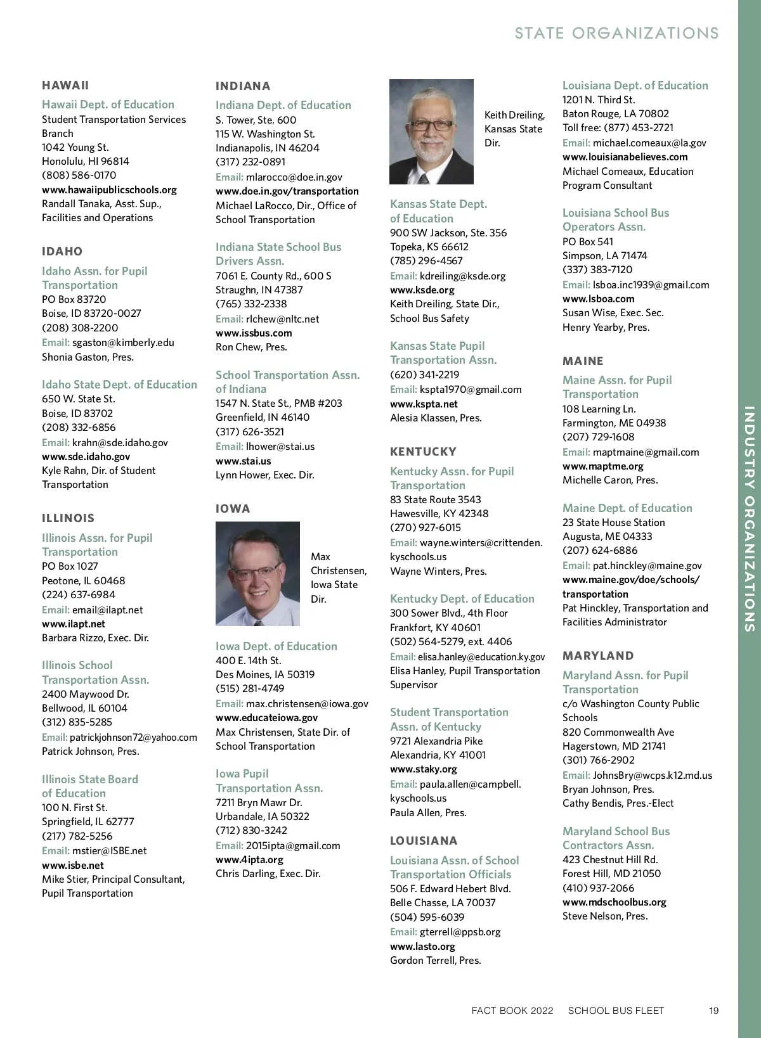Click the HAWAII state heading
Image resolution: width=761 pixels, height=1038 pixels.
65,86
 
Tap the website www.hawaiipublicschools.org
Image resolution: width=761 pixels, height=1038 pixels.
109,189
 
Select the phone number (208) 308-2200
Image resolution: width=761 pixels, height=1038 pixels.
80,328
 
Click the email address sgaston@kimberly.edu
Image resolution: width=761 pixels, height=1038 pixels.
123,342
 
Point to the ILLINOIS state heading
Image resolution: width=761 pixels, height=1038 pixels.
68,518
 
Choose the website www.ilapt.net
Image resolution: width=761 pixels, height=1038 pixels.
74,624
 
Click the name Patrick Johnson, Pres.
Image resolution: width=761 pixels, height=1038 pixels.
90,751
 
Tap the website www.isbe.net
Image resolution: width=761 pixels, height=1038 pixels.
73,865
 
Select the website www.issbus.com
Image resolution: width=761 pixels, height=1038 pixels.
254,333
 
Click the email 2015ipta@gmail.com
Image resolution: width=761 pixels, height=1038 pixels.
293,845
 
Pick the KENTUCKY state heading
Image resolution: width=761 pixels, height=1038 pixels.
423,452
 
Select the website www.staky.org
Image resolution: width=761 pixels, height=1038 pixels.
423,769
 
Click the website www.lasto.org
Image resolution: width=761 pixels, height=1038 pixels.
422,946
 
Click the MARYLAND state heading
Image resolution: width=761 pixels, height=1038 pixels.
598,656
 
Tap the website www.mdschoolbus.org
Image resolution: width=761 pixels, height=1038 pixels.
614,902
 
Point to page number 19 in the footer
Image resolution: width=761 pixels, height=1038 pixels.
713,1011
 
